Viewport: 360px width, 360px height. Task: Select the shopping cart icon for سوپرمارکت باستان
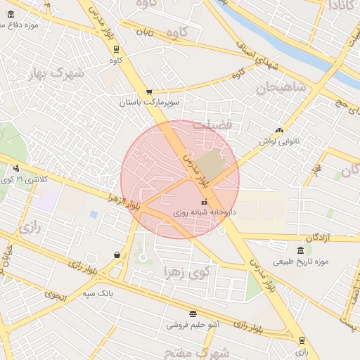coord(149,91)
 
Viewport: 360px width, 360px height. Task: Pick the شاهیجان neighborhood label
coord(281,89)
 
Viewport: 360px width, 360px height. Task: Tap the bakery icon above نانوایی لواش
coord(280,130)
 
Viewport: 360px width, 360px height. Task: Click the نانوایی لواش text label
coord(280,141)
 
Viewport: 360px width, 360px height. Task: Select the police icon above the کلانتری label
coord(16,168)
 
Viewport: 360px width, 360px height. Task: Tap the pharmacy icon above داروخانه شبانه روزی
coord(205,202)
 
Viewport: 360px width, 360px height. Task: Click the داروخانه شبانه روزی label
coord(205,212)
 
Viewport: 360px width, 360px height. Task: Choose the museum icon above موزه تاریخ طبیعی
coord(300,251)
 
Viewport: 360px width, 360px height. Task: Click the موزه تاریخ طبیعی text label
coord(313,262)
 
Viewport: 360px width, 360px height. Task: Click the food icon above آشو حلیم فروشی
coord(193,314)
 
